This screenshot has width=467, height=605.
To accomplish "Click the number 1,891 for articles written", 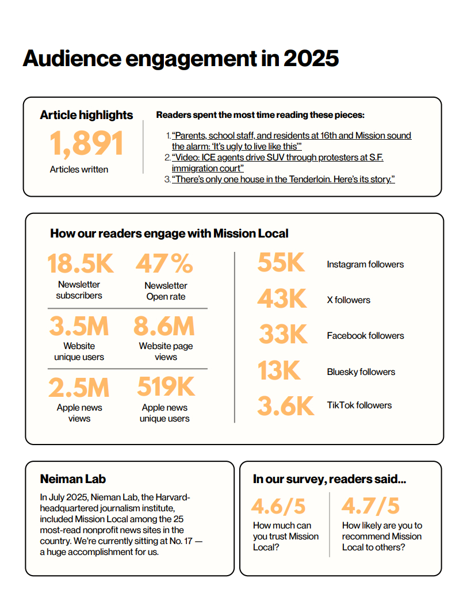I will [x=86, y=144].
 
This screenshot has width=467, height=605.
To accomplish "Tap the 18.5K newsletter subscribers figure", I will [x=80, y=263].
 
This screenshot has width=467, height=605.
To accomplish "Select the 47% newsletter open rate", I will [x=164, y=263].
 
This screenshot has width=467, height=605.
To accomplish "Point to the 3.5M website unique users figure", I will [x=79, y=326].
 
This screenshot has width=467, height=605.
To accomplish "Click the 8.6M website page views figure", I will [x=164, y=326].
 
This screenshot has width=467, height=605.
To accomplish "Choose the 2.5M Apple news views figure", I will [x=79, y=387].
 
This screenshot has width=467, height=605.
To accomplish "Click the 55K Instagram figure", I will [x=281, y=263].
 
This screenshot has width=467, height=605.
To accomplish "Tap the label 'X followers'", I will [x=349, y=300].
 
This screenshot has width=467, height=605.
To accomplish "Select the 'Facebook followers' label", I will [x=365, y=336].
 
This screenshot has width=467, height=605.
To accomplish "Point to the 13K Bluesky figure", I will [x=279, y=370].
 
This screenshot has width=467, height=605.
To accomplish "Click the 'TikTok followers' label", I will [x=359, y=405].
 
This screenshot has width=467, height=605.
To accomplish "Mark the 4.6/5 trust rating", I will [x=278, y=506].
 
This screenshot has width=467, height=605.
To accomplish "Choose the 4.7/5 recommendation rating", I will [x=370, y=506].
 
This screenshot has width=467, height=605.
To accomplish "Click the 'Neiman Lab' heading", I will [x=73, y=479].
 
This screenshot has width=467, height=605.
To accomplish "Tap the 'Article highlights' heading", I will [x=86, y=115].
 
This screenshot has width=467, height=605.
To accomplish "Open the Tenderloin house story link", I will [x=283, y=179].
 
